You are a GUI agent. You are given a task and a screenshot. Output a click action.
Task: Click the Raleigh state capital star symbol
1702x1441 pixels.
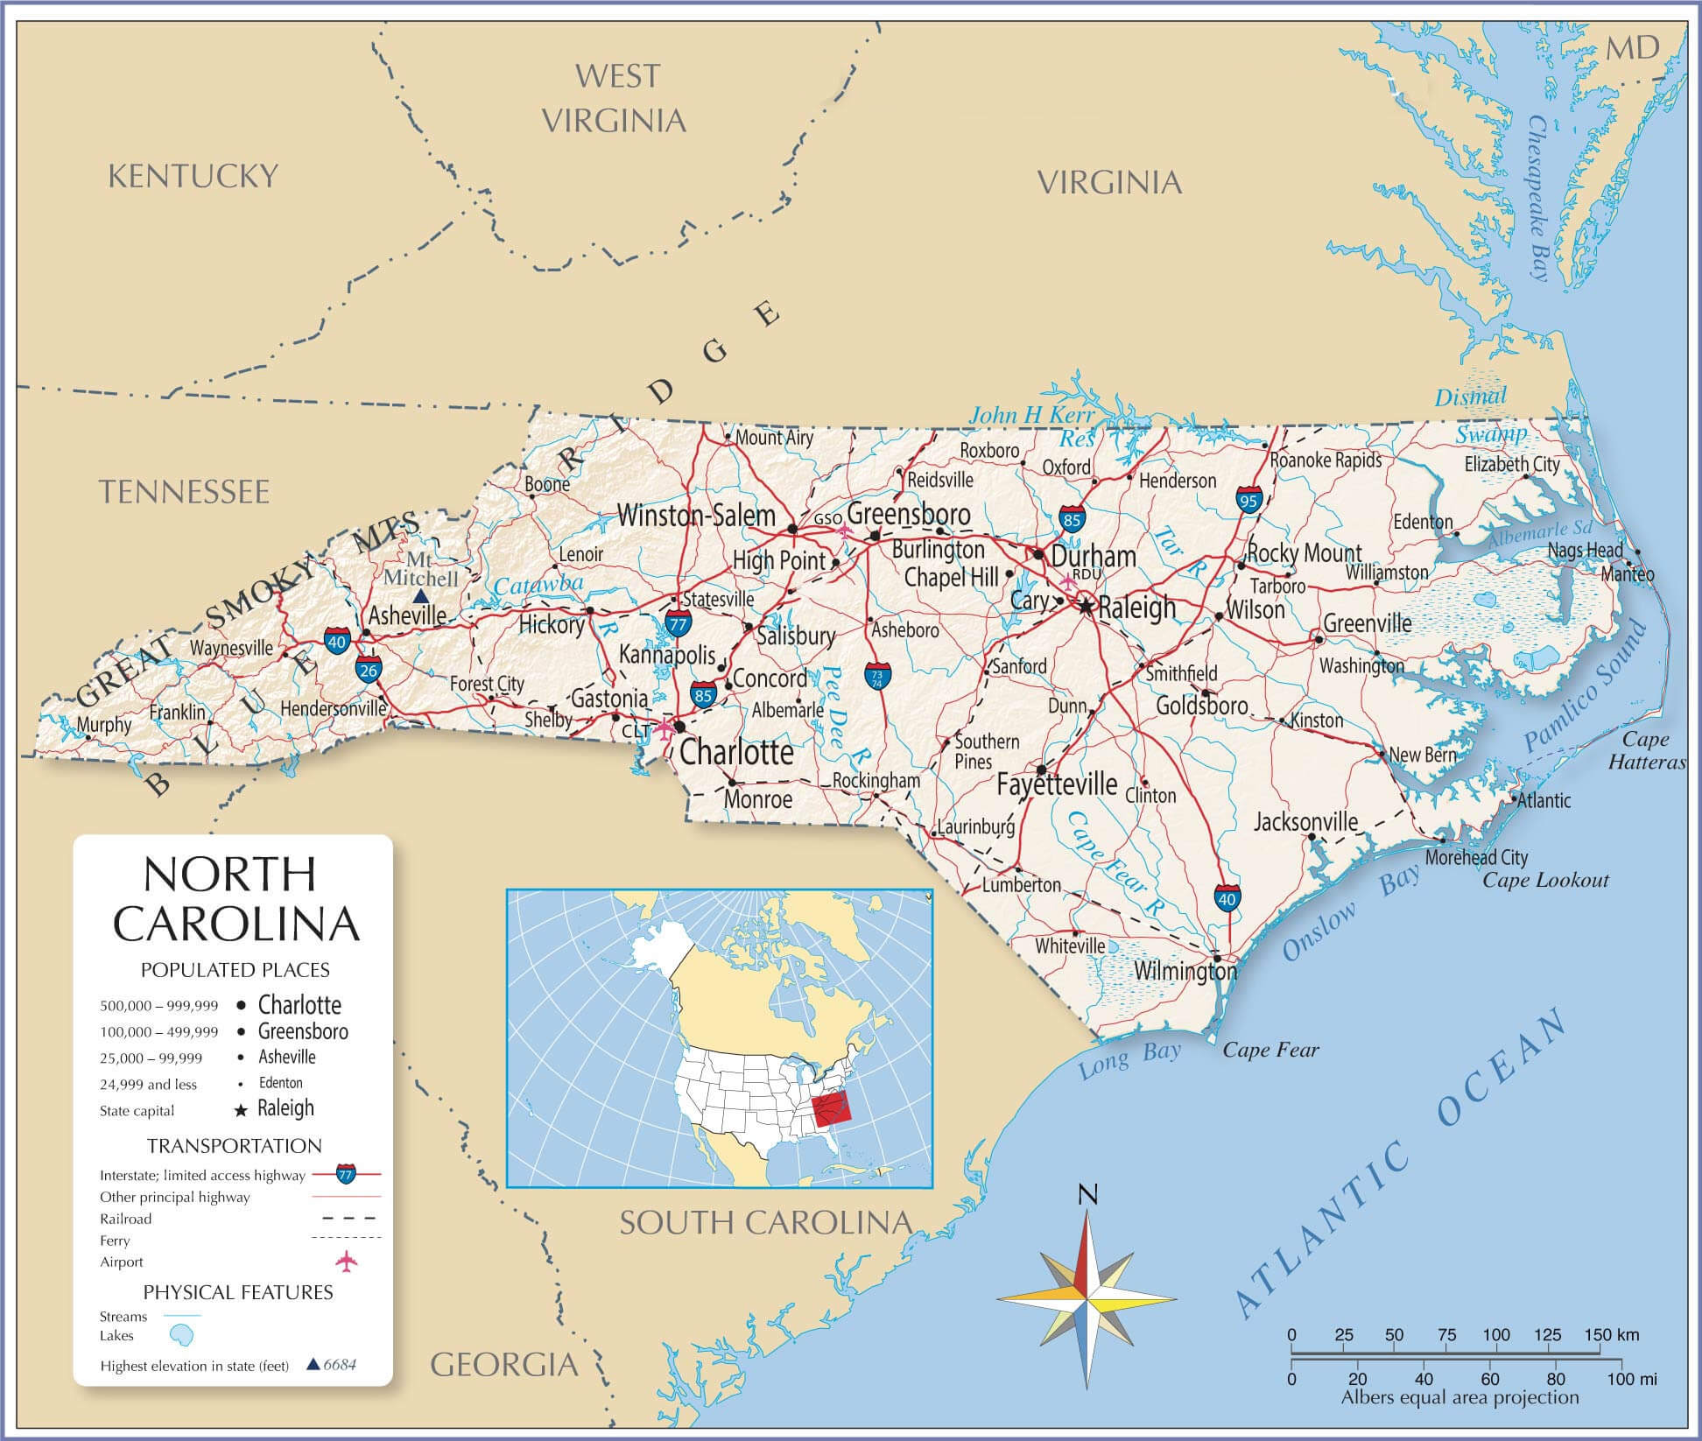(x=1087, y=605)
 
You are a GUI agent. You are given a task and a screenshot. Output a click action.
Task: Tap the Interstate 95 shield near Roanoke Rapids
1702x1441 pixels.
(x=1249, y=500)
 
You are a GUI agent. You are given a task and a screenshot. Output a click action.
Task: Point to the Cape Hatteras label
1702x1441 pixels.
(x=1645, y=751)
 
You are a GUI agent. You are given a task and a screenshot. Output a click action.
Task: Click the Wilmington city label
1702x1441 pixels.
(x=1185, y=970)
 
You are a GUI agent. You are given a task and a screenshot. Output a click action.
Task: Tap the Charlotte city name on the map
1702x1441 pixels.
(x=736, y=752)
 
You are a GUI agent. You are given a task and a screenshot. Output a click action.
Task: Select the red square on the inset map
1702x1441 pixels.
(x=831, y=1110)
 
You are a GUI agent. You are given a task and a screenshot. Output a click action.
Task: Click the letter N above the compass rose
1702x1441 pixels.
(x=1087, y=1195)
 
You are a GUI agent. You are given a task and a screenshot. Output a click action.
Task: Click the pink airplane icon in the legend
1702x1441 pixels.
(x=348, y=1262)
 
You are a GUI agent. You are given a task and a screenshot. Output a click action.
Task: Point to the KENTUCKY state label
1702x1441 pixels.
(x=193, y=176)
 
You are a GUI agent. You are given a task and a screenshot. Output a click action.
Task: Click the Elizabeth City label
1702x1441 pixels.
(x=1512, y=464)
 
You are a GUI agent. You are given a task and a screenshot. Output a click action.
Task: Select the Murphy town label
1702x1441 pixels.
(x=104, y=725)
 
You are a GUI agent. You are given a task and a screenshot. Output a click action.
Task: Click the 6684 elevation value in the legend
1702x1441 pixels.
(x=340, y=1365)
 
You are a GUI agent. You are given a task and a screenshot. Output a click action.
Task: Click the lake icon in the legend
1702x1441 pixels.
(x=181, y=1336)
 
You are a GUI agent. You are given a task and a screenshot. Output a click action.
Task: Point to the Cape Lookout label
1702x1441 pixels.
(x=1545, y=880)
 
